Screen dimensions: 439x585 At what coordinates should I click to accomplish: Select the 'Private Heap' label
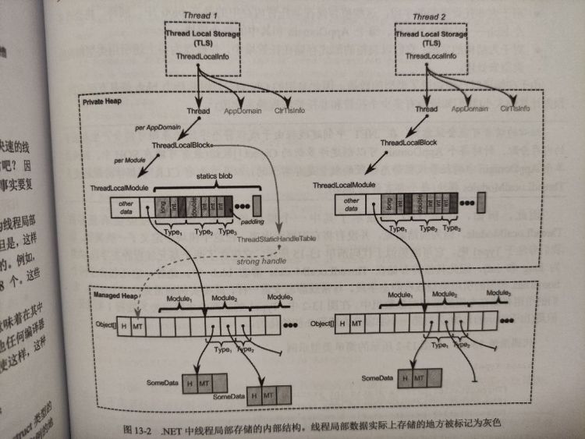pos(102,101)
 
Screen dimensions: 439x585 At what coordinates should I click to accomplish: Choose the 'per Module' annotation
pos(131,161)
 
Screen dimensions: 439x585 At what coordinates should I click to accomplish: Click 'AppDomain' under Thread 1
pos(244,111)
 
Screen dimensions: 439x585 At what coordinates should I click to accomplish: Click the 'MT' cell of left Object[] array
pos(137,323)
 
